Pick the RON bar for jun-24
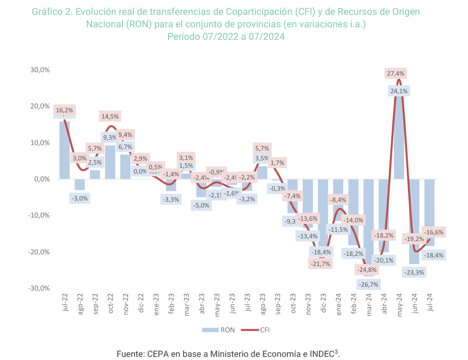coord(414,218)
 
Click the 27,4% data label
coord(395,73)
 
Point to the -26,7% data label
coord(368,285)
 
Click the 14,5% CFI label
coord(111,116)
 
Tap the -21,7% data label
coord(321,264)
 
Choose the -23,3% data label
coord(414,272)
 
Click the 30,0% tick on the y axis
coord(41,70)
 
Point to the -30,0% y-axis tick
coord(39,288)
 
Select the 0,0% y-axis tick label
coord(42,179)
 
